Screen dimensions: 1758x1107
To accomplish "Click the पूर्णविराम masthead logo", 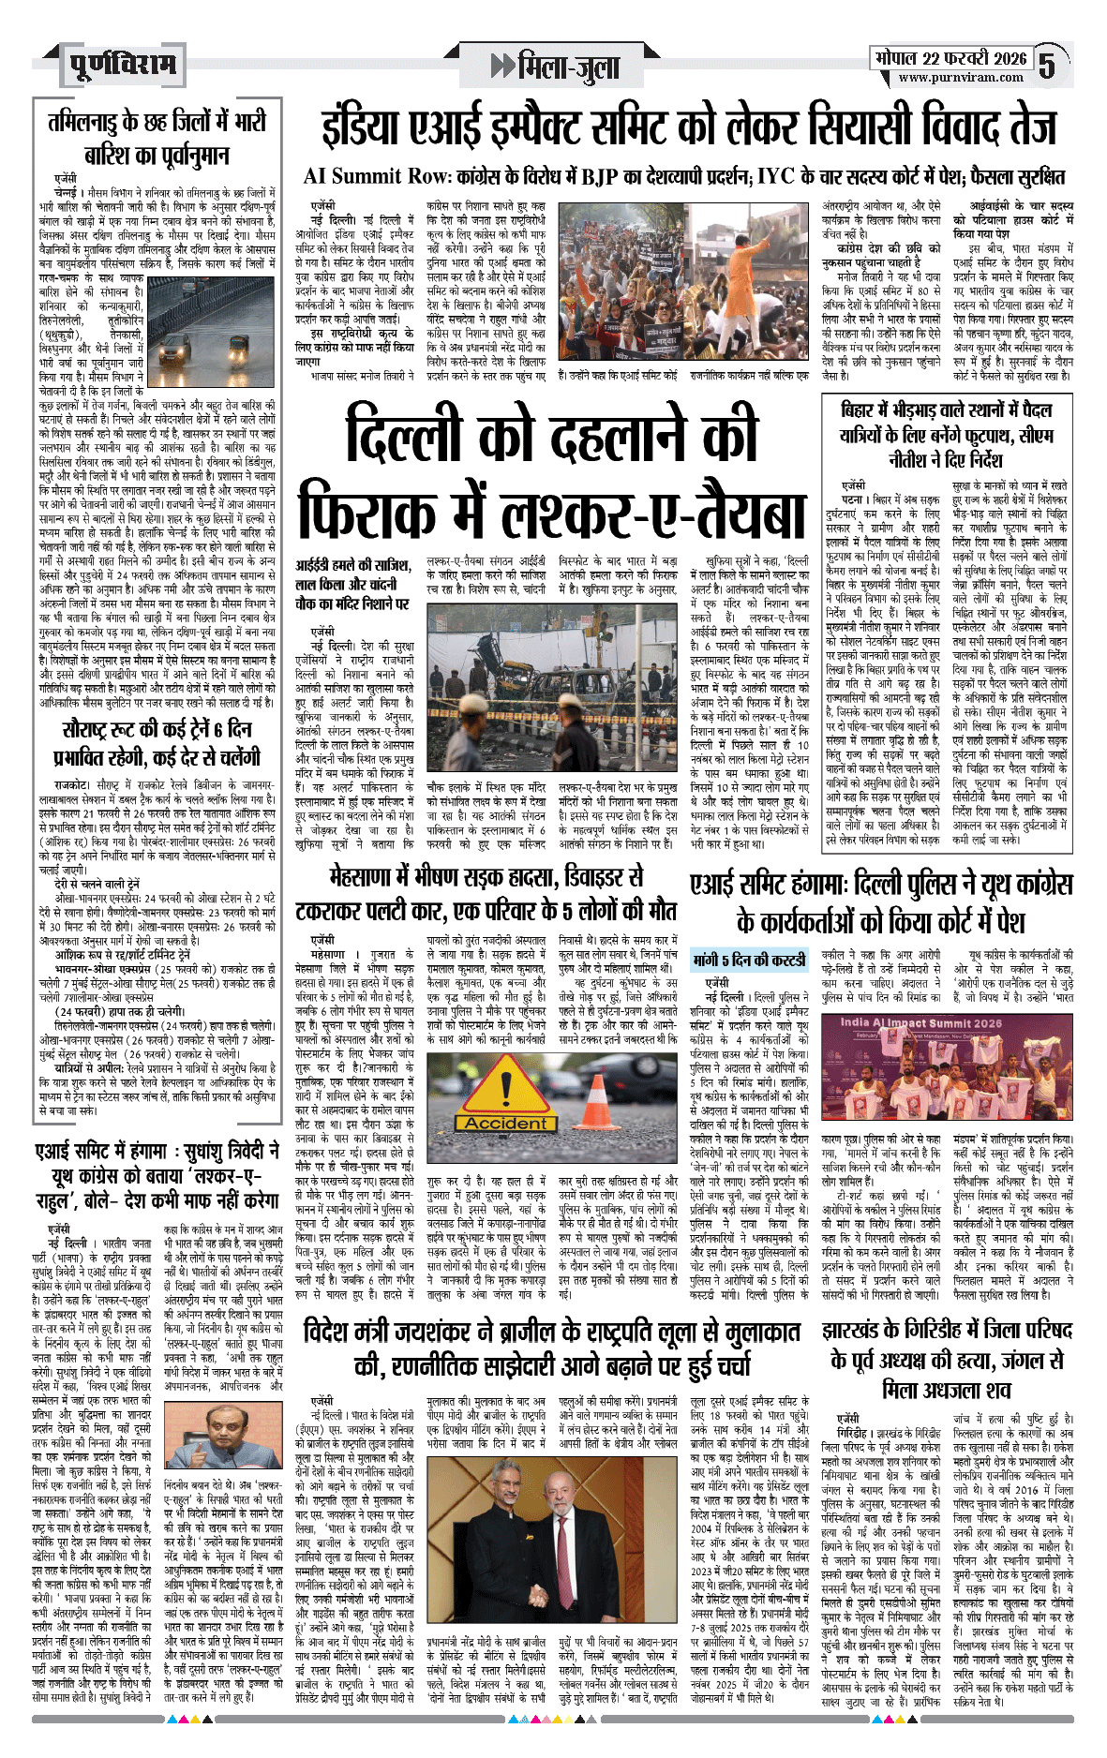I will [x=123, y=66].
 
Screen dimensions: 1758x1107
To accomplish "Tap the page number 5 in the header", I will [x=1046, y=66].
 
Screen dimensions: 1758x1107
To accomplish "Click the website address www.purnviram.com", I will [x=961, y=78].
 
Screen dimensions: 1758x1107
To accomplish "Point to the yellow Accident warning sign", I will [x=505, y=1095].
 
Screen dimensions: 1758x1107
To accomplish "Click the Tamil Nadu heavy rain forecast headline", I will [x=157, y=138].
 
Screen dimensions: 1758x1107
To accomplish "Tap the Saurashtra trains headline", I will [x=157, y=743].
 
